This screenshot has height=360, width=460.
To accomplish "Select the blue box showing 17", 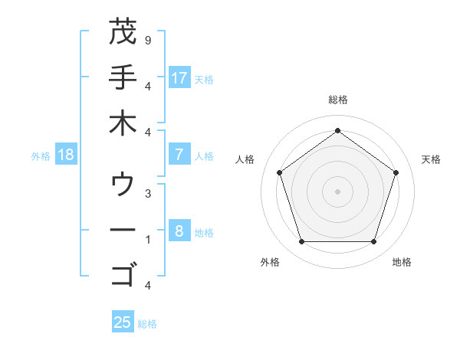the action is pos(179,77).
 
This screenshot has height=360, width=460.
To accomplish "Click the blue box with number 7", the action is pos(179,155).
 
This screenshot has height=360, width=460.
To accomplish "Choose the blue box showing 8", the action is pos(179,231).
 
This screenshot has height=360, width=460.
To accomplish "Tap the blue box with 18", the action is pos(66,155).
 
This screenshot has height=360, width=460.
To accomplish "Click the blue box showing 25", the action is pos(123,322).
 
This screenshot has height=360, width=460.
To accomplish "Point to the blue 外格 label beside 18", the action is pos(41,155).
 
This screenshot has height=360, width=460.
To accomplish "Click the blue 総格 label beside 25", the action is pos(147,324).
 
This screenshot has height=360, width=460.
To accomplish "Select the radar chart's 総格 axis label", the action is pos(337,100).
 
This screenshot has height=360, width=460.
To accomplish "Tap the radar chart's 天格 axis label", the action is pos(431,159).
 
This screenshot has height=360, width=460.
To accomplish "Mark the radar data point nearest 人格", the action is pos(280,172).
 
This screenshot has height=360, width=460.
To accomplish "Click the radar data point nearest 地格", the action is pos(373,241).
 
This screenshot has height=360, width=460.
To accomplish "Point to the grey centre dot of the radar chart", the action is pos(337,191).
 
